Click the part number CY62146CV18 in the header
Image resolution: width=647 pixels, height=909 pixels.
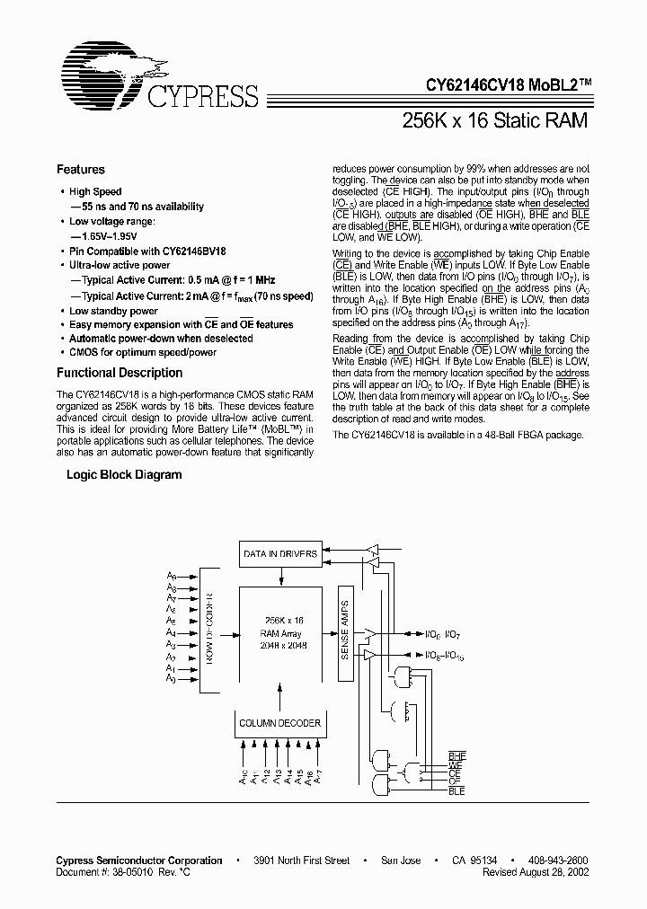tap(480, 85)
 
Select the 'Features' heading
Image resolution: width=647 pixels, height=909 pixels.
tap(81, 169)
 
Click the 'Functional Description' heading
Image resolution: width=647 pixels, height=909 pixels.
tap(120, 373)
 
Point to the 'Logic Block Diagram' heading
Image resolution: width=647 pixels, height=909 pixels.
tap(124, 475)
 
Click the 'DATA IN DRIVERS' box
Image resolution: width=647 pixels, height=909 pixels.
tap(280, 554)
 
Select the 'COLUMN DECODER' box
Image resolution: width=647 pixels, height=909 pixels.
tap(279, 723)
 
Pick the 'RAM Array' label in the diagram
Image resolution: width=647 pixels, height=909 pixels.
tap(284, 632)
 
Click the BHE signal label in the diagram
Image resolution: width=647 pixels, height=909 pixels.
tap(456, 757)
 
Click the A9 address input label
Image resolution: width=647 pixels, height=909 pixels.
tap(171, 587)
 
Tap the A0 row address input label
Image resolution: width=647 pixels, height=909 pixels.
tap(171, 679)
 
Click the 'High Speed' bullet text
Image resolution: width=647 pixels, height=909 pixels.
tap(95, 191)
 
